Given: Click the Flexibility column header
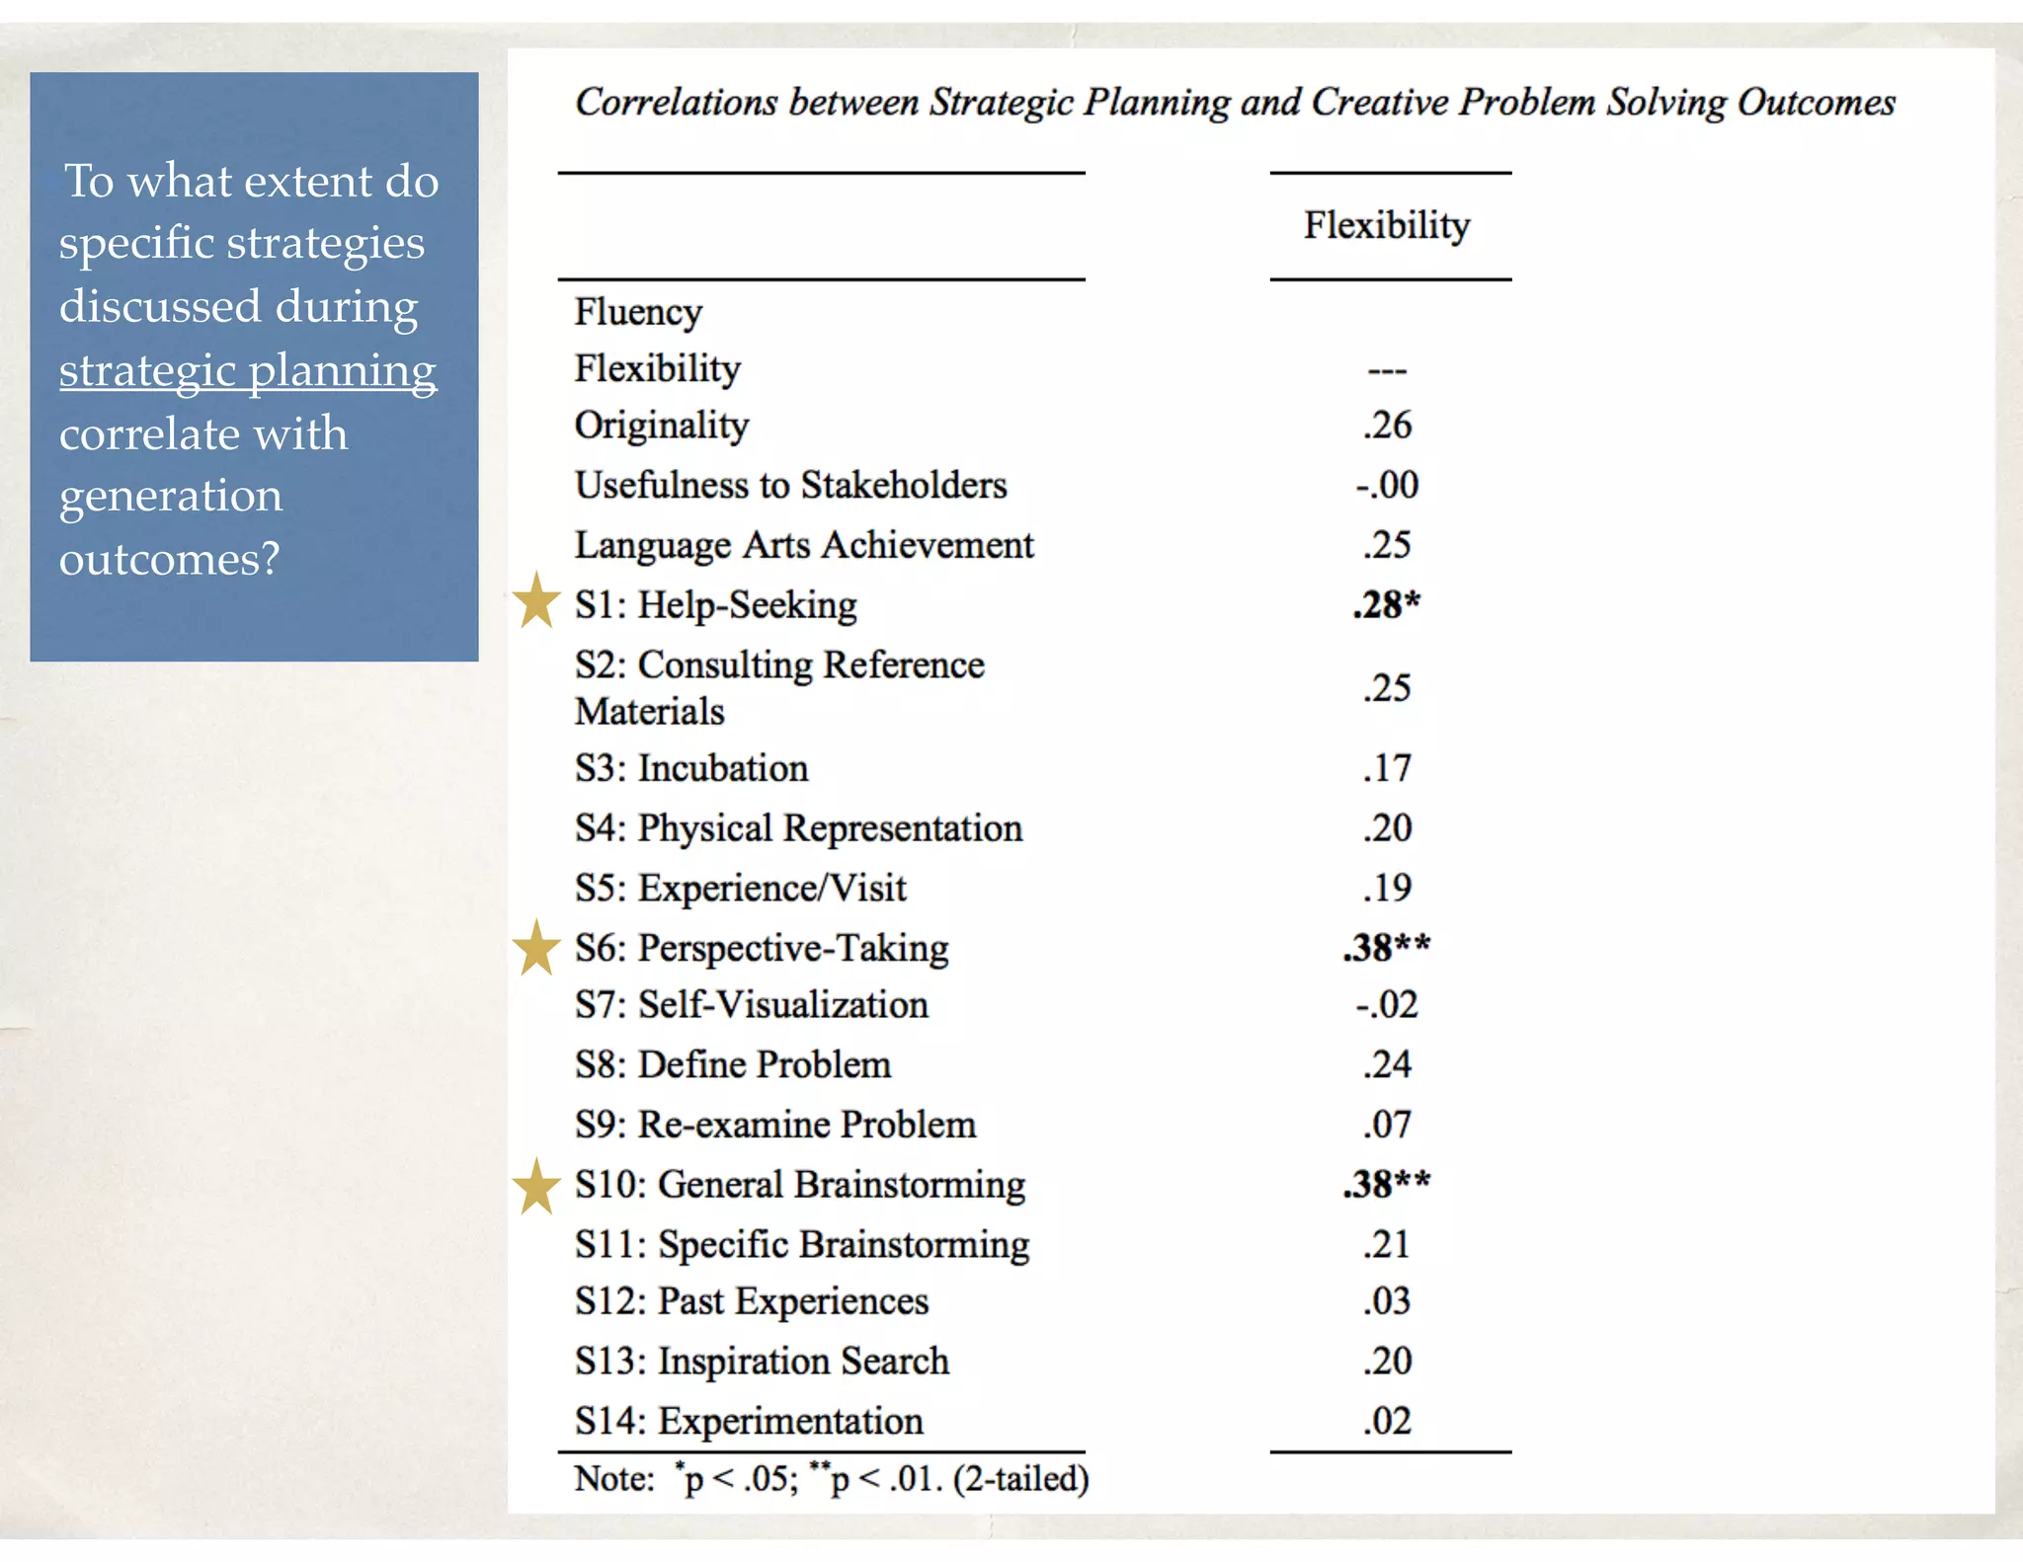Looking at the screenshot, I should pyautogui.click(x=1386, y=226).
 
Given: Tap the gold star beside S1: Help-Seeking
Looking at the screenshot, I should pyautogui.click(x=536, y=601).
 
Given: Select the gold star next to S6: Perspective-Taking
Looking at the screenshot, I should pyautogui.click(x=536, y=948).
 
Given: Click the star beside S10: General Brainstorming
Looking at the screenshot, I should pyautogui.click(x=536, y=1187).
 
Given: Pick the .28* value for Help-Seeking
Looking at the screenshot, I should pyautogui.click(x=1386, y=604).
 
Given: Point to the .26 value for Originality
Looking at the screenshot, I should pyautogui.click(x=1386, y=426).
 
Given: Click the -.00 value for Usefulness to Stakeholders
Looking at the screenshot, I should pyautogui.click(x=1386, y=485).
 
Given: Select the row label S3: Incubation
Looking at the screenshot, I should pyautogui.click(x=691, y=768).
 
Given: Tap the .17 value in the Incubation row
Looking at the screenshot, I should pyautogui.click(x=1386, y=768).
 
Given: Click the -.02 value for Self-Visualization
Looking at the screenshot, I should pyautogui.click(x=1386, y=1005).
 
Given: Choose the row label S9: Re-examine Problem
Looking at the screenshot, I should pyautogui.click(x=775, y=1125).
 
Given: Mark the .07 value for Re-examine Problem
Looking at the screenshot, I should pyautogui.click(x=1386, y=1125).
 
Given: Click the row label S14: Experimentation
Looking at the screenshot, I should pyautogui.click(x=749, y=1421).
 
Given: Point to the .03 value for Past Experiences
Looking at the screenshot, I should pyautogui.click(x=1386, y=1301).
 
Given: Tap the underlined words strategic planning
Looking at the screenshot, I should pyautogui.click(x=247, y=371).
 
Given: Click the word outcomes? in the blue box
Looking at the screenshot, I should pyautogui.click(x=169, y=559).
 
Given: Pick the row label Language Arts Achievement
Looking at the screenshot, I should pyautogui.click(x=804, y=545).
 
